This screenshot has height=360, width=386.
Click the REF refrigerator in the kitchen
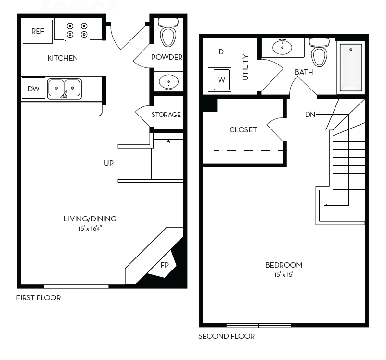coord(38,31)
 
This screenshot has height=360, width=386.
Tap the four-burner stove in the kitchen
coord(77,30)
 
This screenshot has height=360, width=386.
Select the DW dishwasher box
coord(33,89)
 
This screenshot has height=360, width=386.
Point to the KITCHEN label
coord(63,58)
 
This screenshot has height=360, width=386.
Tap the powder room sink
coord(168,82)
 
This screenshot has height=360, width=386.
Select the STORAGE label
coord(166,115)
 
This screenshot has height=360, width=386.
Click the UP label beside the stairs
coord(108,163)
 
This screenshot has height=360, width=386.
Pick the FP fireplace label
coord(165,265)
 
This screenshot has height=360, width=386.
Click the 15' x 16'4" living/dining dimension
coord(90,228)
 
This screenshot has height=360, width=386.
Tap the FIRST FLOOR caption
coord(39,298)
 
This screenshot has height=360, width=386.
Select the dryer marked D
coord(221,52)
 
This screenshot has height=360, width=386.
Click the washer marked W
coord(221,80)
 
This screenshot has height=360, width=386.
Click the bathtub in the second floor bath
coord(351,67)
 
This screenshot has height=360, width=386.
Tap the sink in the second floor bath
coord(282,47)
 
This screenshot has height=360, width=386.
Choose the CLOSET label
coord(243,130)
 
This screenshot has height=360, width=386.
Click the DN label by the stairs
coord(310,115)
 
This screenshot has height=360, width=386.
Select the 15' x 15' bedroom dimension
coord(283,274)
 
